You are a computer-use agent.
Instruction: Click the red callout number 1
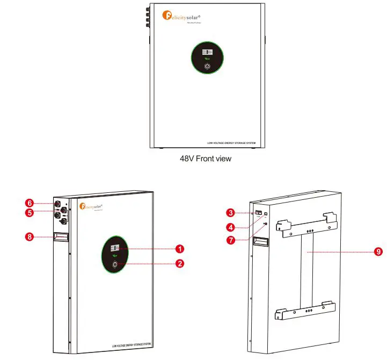180,249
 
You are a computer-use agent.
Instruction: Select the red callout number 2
180,263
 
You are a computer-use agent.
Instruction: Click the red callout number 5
31,212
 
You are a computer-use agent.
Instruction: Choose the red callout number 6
31,203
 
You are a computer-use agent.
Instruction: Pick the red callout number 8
31,236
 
